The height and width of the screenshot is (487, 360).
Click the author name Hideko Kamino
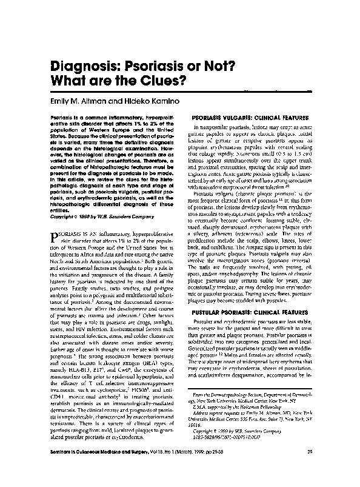(x=138, y=98)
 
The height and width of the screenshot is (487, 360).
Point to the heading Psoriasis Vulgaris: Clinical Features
(x=250, y=116)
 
